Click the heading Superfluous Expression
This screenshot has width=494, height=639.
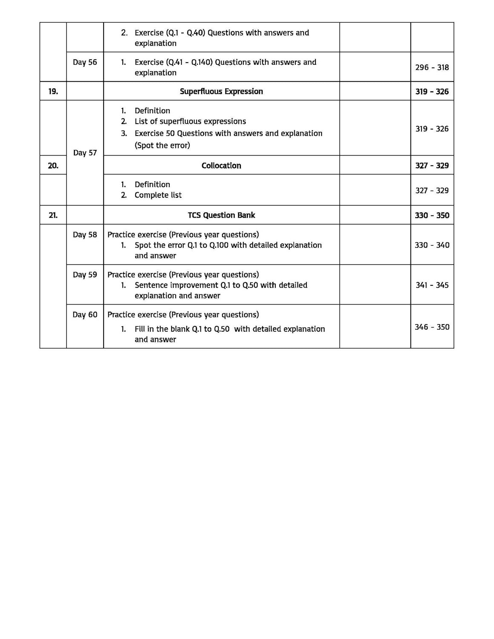[x=221, y=91]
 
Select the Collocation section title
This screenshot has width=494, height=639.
[x=221, y=165]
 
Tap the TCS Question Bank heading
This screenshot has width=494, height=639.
[x=221, y=215]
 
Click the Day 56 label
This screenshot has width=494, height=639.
[x=85, y=62]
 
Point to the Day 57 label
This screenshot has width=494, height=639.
[x=85, y=153]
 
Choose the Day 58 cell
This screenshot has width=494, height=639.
[x=85, y=235]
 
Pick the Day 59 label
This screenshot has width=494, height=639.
[x=85, y=275]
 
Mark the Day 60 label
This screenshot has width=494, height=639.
[x=85, y=315]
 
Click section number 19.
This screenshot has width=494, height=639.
[x=53, y=91]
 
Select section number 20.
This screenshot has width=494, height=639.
[x=53, y=165]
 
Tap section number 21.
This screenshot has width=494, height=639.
[x=53, y=215]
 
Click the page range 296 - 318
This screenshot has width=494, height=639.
[x=432, y=67]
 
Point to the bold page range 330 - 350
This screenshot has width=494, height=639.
[x=432, y=215]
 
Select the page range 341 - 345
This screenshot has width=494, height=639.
[x=432, y=285]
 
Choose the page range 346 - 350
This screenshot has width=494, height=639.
[x=432, y=327]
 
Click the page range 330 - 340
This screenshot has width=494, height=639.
[x=432, y=245]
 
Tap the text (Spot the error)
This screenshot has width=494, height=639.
[x=162, y=145]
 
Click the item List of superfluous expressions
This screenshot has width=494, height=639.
[x=190, y=121]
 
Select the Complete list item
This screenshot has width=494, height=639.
[x=158, y=195]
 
